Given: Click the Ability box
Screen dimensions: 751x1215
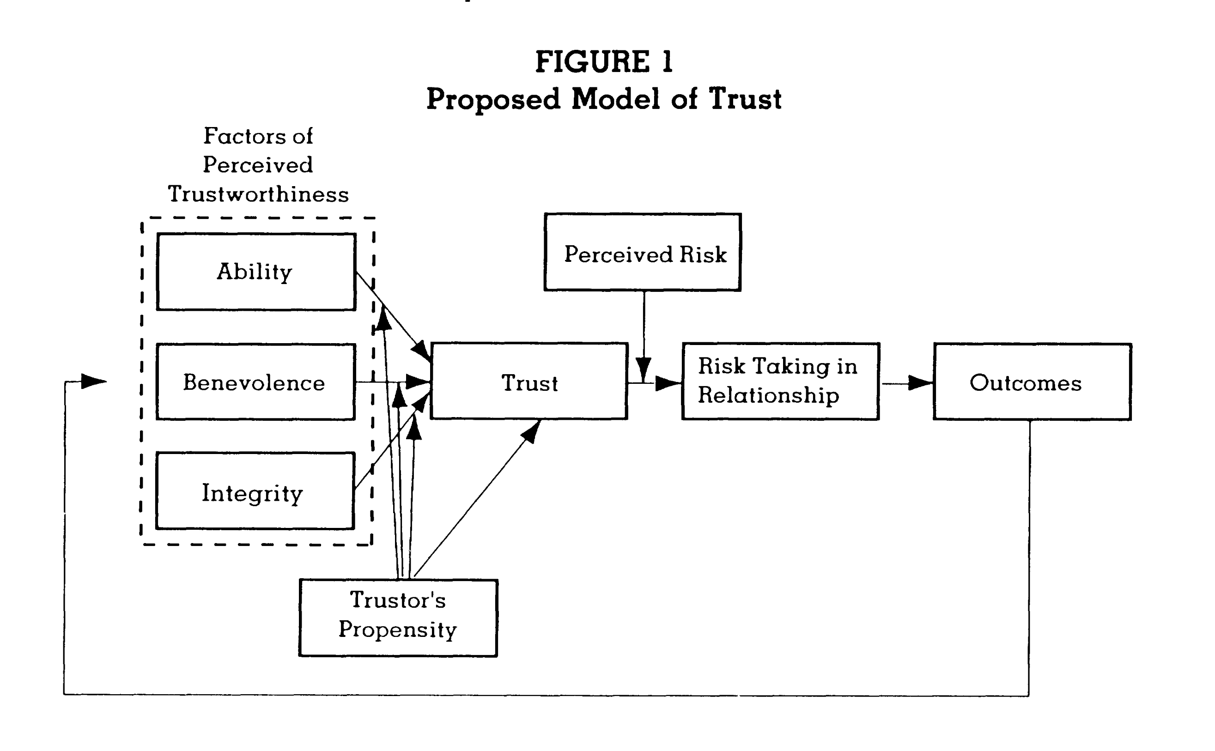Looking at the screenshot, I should tap(256, 272).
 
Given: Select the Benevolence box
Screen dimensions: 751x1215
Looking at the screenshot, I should tap(255, 382).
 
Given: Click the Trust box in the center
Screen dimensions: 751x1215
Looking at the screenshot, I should tap(529, 382).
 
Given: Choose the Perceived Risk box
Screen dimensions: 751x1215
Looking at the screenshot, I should tap(643, 252).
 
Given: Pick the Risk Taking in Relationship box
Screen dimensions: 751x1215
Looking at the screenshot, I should tap(780, 382).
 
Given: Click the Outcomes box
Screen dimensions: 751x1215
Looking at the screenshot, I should tap(1032, 382).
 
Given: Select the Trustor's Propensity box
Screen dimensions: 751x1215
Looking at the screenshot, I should tap(398, 618).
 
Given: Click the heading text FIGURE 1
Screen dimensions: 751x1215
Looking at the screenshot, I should tap(604, 62).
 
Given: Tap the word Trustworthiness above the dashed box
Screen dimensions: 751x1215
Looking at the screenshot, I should tap(258, 194).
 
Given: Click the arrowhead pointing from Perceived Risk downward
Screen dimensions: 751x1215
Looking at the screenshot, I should tap(644, 369).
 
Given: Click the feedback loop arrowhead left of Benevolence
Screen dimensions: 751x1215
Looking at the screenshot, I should tap(93, 382).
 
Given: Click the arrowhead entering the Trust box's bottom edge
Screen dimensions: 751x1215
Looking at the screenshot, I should tap(531, 431).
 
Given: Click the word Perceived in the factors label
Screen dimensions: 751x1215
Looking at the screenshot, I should tap(258, 165).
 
